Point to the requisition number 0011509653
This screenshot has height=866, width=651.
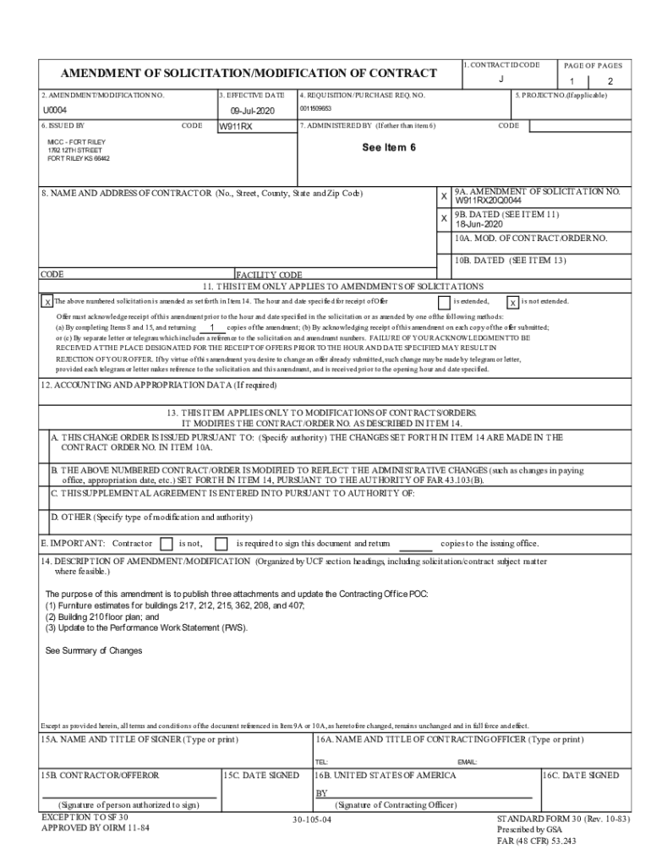pyautogui.click(x=315, y=109)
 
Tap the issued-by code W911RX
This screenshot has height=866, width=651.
pyautogui.click(x=236, y=127)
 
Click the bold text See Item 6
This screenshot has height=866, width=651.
pyautogui.click(x=389, y=147)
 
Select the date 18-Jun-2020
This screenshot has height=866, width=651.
pyautogui.click(x=479, y=224)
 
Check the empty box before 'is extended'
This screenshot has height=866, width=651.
pyautogui.click(x=444, y=302)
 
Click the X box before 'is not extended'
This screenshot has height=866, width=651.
pyautogui.click(x=512, y=302)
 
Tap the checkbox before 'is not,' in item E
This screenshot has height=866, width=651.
pyautogui.click(x=167, y=543)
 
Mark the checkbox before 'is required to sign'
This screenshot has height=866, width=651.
pyautogui.click(x=222, y=543)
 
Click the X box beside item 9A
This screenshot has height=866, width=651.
pyautogui.click(x=444, y=196)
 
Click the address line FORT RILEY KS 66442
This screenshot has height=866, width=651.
pyautogui.click(x=79, y=158)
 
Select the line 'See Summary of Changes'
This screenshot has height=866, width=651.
pyautogui.click(x=94, y=650)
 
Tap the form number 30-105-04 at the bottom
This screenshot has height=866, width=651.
pyautogui.click(x=312, y=820)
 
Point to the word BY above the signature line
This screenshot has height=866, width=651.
pyautogui.click(x=321, y=793)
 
